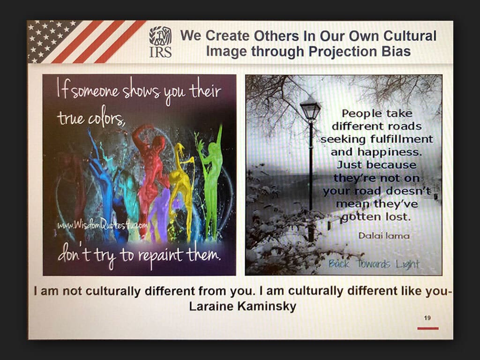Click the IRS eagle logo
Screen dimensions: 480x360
(x=160, y=42)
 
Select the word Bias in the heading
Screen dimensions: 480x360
(x=396, y=51)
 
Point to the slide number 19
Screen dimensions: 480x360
(x=427, y=318)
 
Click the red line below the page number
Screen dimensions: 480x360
(x=428, y=328)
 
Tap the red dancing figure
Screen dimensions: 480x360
(x=151, y=172)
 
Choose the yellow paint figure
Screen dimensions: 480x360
(x=181, y=190)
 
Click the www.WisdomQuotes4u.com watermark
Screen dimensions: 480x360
(x=103, y=225)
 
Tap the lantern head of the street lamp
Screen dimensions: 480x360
(x=310, y=108)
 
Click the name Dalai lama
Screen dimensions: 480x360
(x=384, y=235)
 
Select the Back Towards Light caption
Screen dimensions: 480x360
(x=374, y=263)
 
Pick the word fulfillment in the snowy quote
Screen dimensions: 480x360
(x=402, y=139)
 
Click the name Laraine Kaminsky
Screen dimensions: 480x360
(x=242, y=306)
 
